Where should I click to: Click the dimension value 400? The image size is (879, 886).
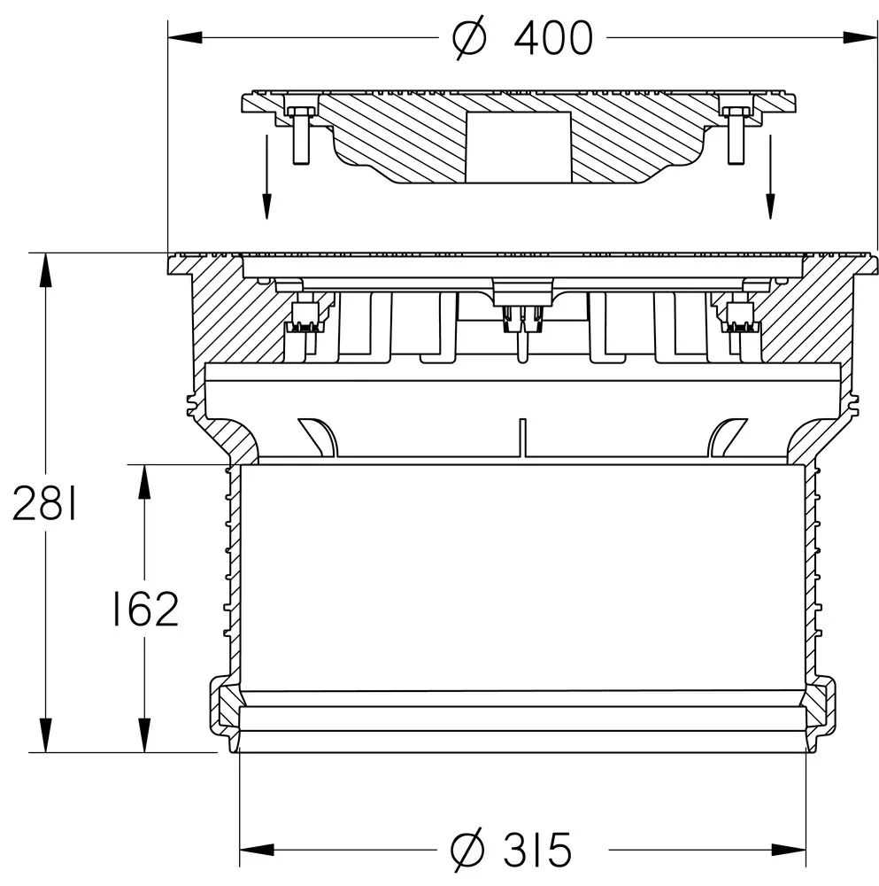pos(553,38)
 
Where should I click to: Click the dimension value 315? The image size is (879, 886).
pos(537,850)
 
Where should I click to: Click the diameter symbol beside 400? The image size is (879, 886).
pos(469,38)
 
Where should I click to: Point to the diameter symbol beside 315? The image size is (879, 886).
pos(467,850)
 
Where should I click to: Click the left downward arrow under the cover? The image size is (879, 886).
pos(266,176)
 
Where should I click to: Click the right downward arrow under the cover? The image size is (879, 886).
pos(770,176)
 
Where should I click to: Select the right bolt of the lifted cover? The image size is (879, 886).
pos(736,135)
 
